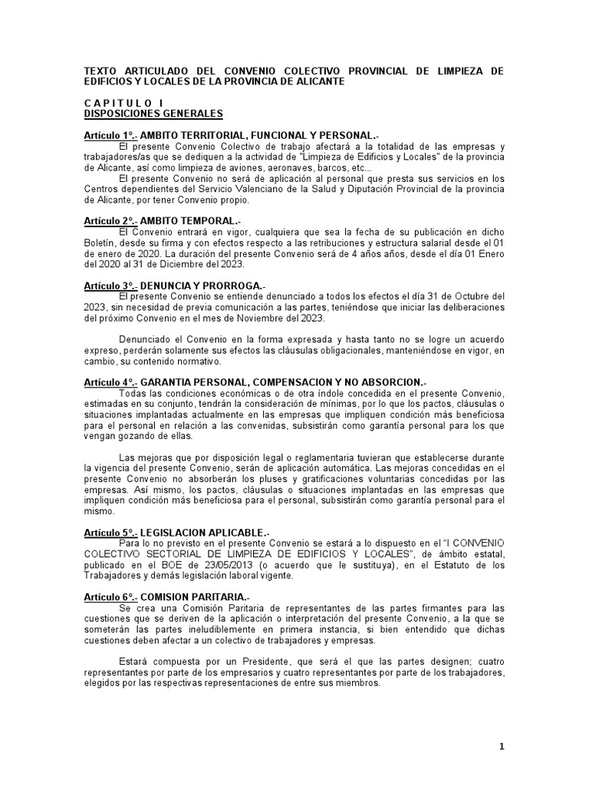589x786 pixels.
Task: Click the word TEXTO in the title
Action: [x=101, y=71]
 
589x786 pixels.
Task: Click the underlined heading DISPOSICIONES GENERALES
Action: [x=153, y=114]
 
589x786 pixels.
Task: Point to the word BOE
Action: [x=173, y=565]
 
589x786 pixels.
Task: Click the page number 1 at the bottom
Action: [x=501, y=746]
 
